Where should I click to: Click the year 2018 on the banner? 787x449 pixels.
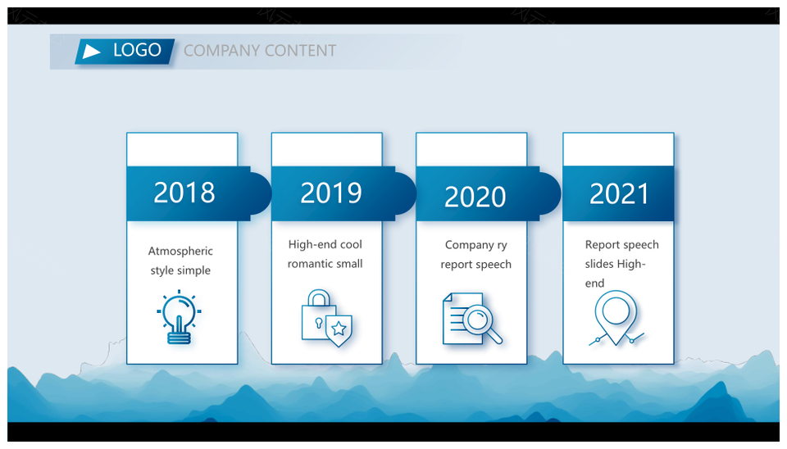[x=184, y=193]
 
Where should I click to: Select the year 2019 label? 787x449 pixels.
[x=330, y=193]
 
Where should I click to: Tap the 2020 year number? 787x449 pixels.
[x=475, y=197]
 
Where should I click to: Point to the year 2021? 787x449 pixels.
[x=620, y=194]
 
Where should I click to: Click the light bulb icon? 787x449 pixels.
[x=180, y=317]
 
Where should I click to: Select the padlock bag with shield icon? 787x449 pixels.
[x=326, y=318]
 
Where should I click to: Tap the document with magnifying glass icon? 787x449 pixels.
[x=472, y=319]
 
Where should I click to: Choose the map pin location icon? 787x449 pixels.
[x=616, y=318]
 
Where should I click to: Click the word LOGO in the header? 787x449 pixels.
[x=137, y=50]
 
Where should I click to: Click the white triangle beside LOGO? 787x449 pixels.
[x=90, y=51]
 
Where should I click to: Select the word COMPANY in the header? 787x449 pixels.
[x=221, y=51]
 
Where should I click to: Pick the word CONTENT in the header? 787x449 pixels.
[x=300, y=51]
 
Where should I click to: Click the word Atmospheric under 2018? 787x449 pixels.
[x=180, y=252]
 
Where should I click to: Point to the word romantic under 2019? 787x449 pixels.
[x=310, y=264]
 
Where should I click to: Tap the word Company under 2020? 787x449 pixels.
[x=469, y=245]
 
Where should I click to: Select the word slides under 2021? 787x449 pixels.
[x=598, y=264]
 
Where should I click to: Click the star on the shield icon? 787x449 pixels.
[x=339, y=329]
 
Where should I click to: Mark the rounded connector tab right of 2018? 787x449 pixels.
[x=261, y=193]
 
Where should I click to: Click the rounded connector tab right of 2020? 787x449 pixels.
[x=551, y=193]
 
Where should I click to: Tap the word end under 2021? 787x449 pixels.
[x=595, y=283]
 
